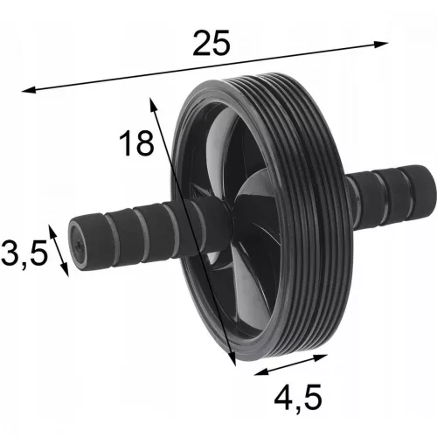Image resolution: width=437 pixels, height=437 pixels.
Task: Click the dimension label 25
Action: [x=212, y=43]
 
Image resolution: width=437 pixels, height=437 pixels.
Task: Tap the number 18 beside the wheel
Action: [x=136, y=142]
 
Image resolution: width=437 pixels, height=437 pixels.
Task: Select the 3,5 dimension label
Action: [x=24, y=253]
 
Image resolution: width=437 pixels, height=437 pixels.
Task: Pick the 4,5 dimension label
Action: [x=298, y=397]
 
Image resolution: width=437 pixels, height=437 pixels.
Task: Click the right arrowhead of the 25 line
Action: [x=381, y=44]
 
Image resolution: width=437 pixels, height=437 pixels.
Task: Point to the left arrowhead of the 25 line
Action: [x=29, y=90]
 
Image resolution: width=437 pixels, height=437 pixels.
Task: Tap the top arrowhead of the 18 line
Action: [x=153, y=104]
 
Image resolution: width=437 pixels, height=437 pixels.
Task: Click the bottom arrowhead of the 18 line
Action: [x=232, y=358]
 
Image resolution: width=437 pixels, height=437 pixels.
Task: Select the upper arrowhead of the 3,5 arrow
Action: [x=52, y=232]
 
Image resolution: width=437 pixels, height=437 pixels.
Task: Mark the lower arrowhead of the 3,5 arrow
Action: [x=66, y=269]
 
